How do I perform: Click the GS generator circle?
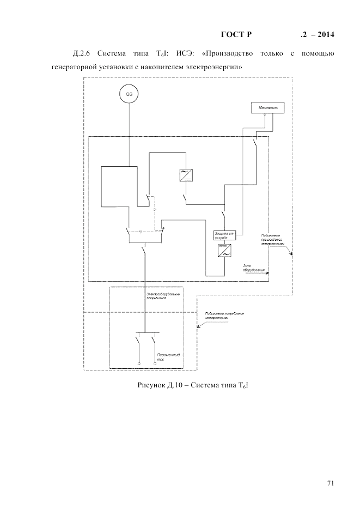(129, 94)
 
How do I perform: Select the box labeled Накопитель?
(265, 108)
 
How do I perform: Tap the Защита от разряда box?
(224, 235)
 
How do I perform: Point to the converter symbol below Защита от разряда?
(224, 251)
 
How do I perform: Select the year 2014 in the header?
(324, 35)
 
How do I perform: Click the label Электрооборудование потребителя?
(163, 296)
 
